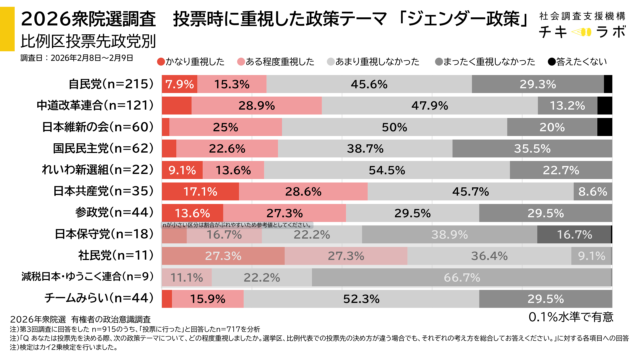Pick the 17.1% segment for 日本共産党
pos(200,190)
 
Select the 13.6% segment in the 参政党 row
pos(191,212)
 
